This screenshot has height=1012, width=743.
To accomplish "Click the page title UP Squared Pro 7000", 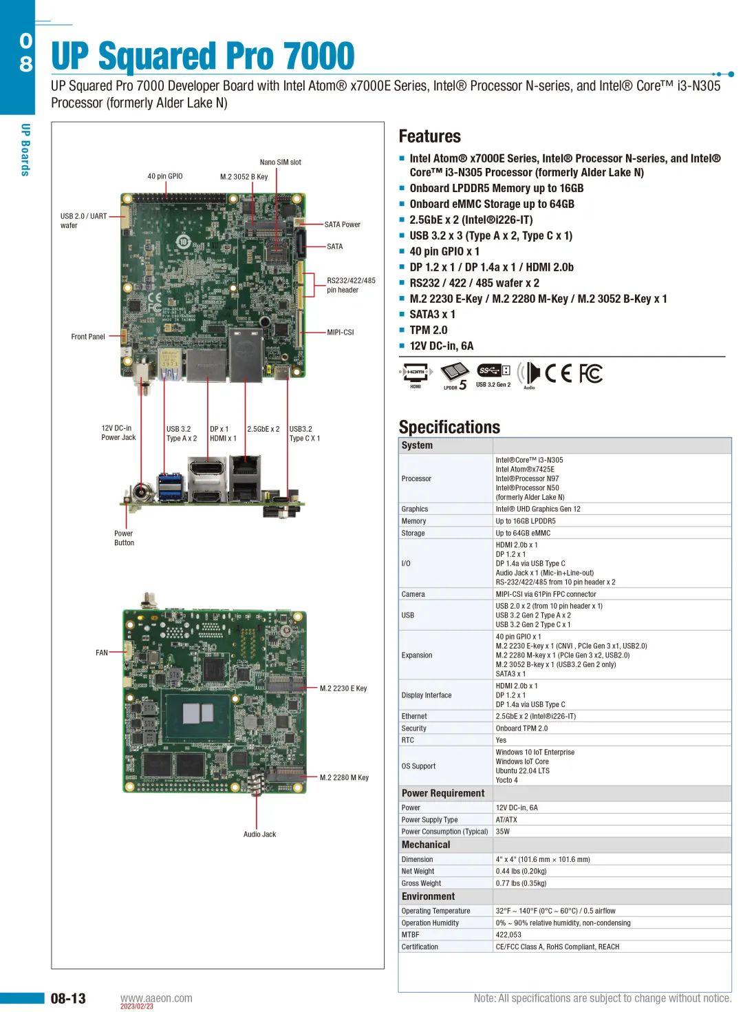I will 203,56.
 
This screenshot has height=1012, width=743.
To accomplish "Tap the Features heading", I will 430,136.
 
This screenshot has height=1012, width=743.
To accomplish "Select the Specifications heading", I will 449,427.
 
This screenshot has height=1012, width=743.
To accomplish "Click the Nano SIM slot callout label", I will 280,162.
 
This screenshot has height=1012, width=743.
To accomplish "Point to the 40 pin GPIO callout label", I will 165,176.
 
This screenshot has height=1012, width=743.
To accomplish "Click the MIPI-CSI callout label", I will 341,333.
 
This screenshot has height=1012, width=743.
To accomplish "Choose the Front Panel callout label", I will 88,337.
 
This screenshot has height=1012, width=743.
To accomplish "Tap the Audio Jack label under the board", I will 259,834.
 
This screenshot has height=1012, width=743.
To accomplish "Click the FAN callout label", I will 102,653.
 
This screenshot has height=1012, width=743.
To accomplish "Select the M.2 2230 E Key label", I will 343,688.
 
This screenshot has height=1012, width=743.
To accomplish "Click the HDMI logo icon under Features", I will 416,373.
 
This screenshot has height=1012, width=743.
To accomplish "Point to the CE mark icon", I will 558,373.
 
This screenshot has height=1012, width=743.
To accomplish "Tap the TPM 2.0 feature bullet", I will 428,330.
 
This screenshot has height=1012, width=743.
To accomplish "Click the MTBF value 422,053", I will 508,935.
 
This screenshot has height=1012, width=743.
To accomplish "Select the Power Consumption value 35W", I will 503,832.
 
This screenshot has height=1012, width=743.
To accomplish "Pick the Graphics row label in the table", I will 415,509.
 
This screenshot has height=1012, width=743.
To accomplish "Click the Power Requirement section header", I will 443,793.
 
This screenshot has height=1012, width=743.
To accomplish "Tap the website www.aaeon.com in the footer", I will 156,998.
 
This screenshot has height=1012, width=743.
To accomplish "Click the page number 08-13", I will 68,998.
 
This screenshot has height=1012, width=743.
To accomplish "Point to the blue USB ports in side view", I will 171,487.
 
